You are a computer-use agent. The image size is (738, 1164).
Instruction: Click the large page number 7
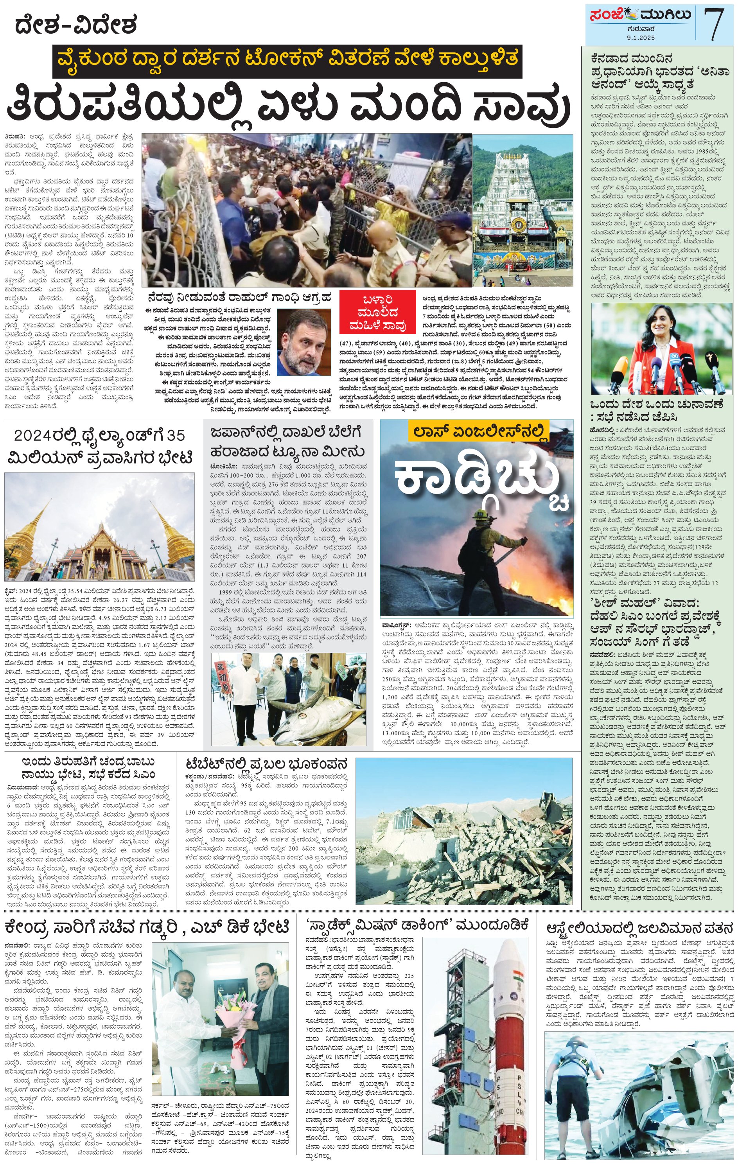point(714,25)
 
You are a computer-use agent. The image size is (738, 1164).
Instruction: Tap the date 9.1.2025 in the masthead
point(641,37)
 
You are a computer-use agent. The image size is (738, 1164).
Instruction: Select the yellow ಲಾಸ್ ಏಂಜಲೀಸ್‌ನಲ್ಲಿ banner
point(479,429)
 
